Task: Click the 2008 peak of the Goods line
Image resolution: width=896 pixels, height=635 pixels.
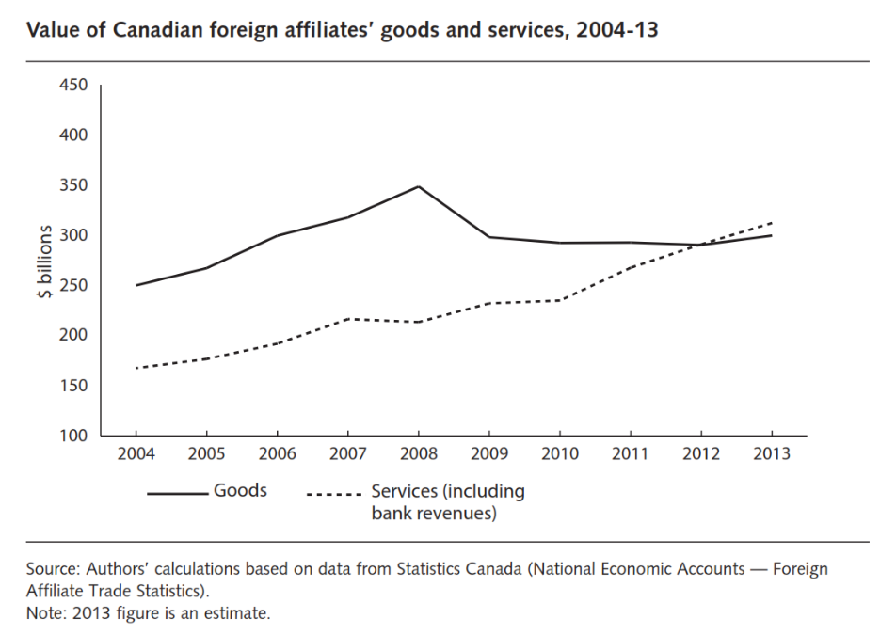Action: click(418, 186)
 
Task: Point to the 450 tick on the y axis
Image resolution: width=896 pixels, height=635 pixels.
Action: click(74, 86)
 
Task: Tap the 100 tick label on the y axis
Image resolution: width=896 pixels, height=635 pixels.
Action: click(74, 436)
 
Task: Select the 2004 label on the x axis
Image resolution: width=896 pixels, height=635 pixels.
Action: click(136, 454)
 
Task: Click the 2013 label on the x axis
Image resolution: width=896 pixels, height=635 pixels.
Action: click(772, 454)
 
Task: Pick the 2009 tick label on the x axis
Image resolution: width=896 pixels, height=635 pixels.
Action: click(488, 454)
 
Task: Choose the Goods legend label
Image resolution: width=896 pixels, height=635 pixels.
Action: click(241, 491)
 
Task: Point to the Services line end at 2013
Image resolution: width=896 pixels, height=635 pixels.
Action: click(772, 223)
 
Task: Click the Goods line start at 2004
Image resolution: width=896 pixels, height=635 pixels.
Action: click(136, 285)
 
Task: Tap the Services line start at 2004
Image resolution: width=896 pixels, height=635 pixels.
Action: click(136, 368)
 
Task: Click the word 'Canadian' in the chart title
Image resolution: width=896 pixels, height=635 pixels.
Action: click(157, 31)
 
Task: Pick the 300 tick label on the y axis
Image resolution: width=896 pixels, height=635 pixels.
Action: click(74, 235)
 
